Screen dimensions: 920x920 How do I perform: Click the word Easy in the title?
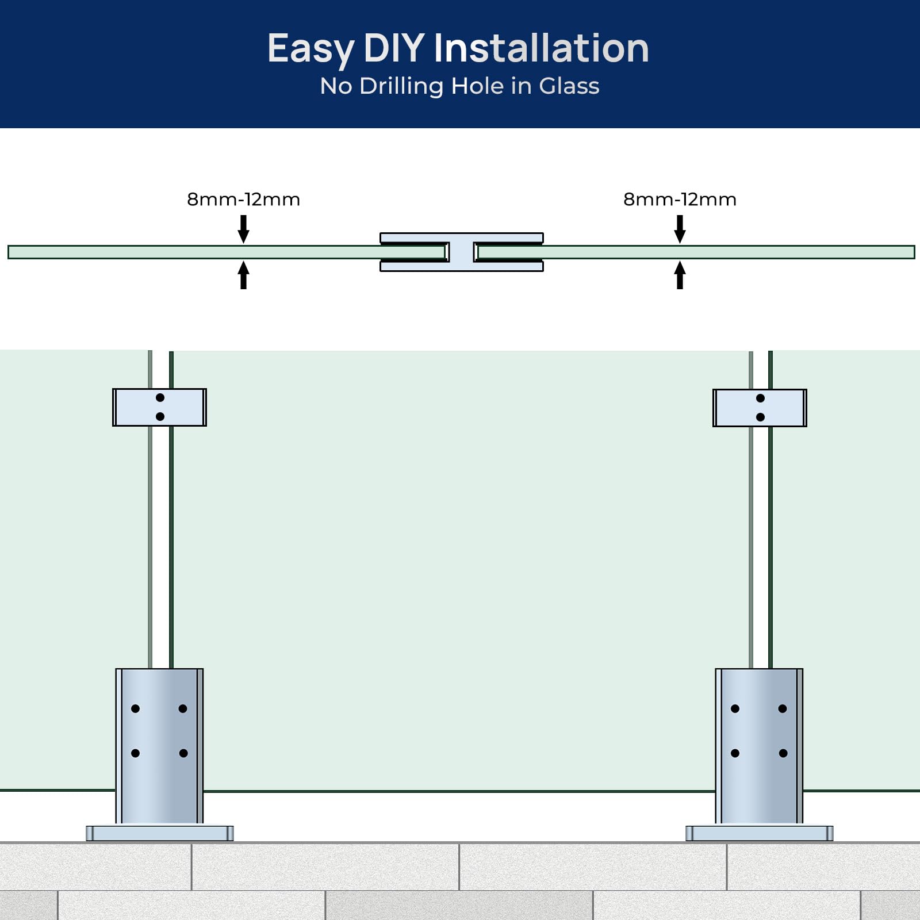311,49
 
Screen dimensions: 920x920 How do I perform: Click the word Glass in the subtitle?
569,86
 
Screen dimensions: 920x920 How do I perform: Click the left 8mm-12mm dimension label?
244,200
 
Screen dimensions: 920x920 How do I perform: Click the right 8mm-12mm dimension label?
680,200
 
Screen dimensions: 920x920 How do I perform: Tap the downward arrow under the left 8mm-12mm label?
244,229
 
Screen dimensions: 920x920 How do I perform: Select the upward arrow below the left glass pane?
244,275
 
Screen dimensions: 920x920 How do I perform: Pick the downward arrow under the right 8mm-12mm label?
680,229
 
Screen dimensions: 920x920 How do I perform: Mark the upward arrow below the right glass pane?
680,275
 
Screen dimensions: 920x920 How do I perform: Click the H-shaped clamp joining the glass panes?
462,252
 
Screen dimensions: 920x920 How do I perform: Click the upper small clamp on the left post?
159,407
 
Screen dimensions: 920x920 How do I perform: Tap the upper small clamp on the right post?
760,408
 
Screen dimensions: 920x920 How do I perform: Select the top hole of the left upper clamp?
160,397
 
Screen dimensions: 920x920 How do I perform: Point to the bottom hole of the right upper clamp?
760,417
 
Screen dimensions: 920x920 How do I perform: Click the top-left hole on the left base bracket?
135,708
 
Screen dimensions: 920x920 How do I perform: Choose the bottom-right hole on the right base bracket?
783,753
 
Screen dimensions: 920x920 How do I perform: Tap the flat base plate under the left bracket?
160,833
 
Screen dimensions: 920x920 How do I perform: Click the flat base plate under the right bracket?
760,833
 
